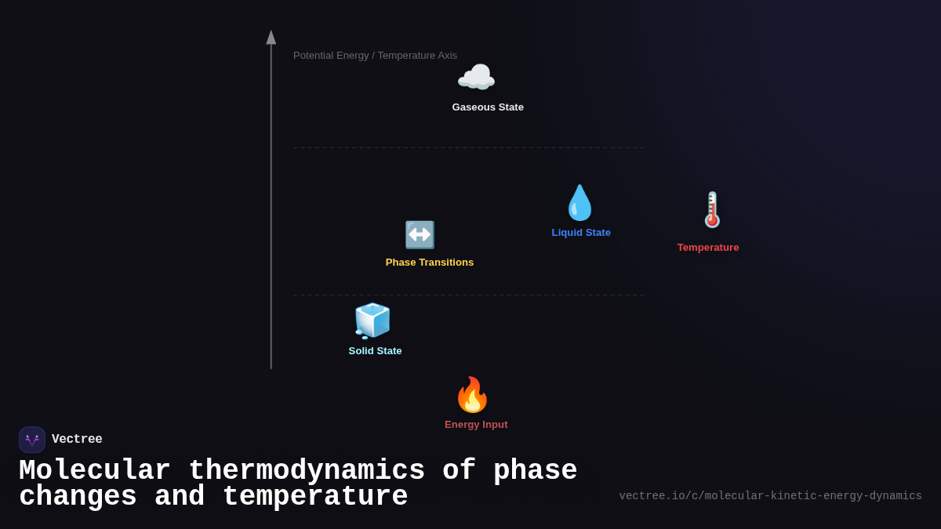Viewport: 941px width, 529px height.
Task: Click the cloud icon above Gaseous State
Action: [476, 78]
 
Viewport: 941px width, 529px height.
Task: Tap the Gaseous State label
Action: [488, 107]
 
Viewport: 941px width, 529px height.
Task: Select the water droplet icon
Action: [580, 203]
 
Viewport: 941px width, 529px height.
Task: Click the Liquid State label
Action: [581, 233]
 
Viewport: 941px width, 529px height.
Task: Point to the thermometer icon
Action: [711, 210]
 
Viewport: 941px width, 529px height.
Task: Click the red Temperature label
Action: [708, 248]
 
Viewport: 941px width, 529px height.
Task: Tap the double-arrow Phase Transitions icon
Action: [420, 234]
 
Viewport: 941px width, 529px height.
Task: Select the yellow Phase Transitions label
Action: [430, 263]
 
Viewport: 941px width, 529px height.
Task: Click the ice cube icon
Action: [372, 321]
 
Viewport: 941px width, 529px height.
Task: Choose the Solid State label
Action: [375, 351]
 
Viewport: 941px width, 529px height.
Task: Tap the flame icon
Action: [472, 395]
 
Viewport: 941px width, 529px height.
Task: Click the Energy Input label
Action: [476, 425]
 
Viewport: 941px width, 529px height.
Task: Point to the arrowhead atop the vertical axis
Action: [271, 38]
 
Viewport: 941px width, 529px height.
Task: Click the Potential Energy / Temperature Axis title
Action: [375, 56]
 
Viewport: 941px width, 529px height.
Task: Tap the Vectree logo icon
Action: [32, 440]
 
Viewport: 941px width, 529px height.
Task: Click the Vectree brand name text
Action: [77, 440]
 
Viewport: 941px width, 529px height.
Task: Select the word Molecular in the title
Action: [95, 471]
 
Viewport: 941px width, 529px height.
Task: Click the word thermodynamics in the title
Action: [307, 471]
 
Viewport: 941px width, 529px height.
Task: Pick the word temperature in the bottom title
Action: [315, 497]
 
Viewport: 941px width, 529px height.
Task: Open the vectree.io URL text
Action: [770, 496]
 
